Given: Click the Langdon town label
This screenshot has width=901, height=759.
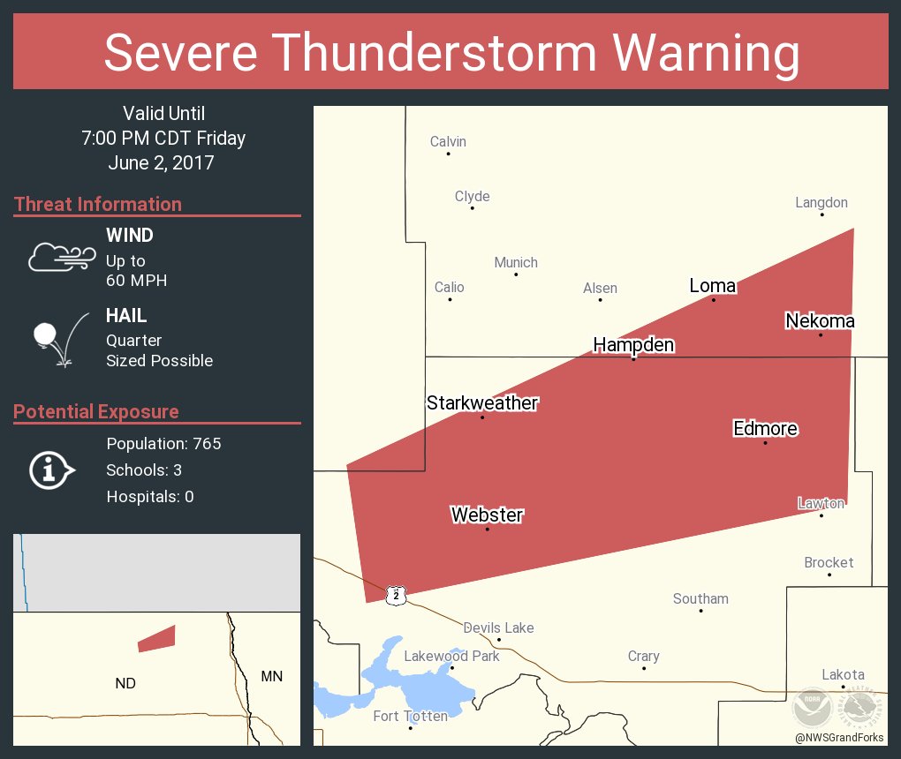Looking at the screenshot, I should click(821, 203).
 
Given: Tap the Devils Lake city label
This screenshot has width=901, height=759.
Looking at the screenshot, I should click(498, 628).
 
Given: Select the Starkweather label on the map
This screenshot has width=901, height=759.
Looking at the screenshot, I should click(482, 403).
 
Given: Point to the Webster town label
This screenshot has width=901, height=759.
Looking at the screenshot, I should click(487, 515).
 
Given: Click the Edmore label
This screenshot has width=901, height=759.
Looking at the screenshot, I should click(765, 429).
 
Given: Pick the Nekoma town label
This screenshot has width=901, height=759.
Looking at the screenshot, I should click(820, 321).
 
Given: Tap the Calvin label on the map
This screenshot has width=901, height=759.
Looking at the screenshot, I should click(448, 142).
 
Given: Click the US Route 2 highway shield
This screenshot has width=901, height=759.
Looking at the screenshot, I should click(397, 596).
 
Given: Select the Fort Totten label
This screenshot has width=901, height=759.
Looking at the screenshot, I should click(410, 716).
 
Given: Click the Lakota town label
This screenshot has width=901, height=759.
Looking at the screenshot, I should click(843, 674).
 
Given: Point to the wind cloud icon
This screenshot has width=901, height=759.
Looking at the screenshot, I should click(61, 257).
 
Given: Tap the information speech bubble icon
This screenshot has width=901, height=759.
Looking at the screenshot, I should click(50, 470).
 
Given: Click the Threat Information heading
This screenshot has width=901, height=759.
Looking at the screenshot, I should click(98, 204).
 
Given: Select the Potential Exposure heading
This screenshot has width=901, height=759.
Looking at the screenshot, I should click(96, 411).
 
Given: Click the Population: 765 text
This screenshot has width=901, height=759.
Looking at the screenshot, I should click(163, 443).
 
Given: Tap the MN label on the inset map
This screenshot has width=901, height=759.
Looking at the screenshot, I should click(271, 676).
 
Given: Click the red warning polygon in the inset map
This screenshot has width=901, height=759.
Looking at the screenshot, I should click(157, 638).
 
